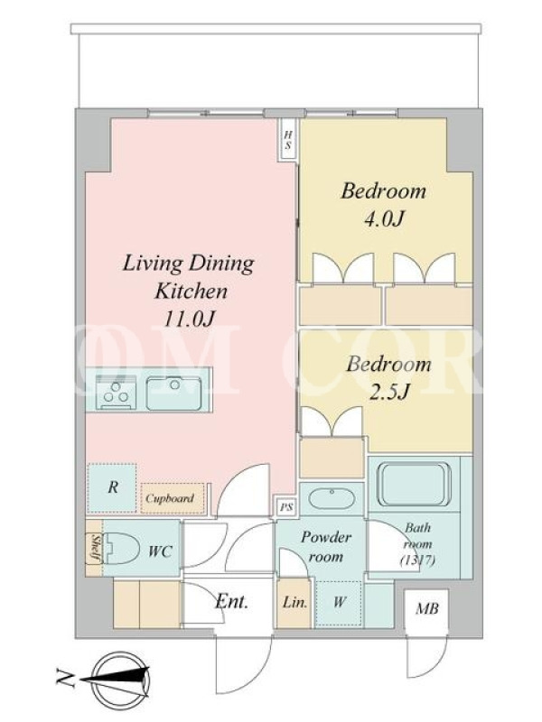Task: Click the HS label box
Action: (288, 140)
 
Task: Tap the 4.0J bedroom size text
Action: (383, 219)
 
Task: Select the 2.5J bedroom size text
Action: (389, 393)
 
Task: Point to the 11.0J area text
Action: (190, 319)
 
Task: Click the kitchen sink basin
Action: (173, 393)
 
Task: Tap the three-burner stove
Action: (117, 393)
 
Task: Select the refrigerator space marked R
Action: (111, 487)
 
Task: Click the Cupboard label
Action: (170, 498)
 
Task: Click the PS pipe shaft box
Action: (286, 507)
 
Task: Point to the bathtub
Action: (414, 484)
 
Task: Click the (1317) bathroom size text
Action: (417, 560)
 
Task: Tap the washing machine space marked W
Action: (339, 603)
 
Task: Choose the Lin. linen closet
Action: (295, 603)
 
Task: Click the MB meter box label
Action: (426, 608)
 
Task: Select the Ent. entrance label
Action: (231, 601)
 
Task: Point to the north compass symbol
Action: (121, 679)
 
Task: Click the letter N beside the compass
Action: (65, 679)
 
